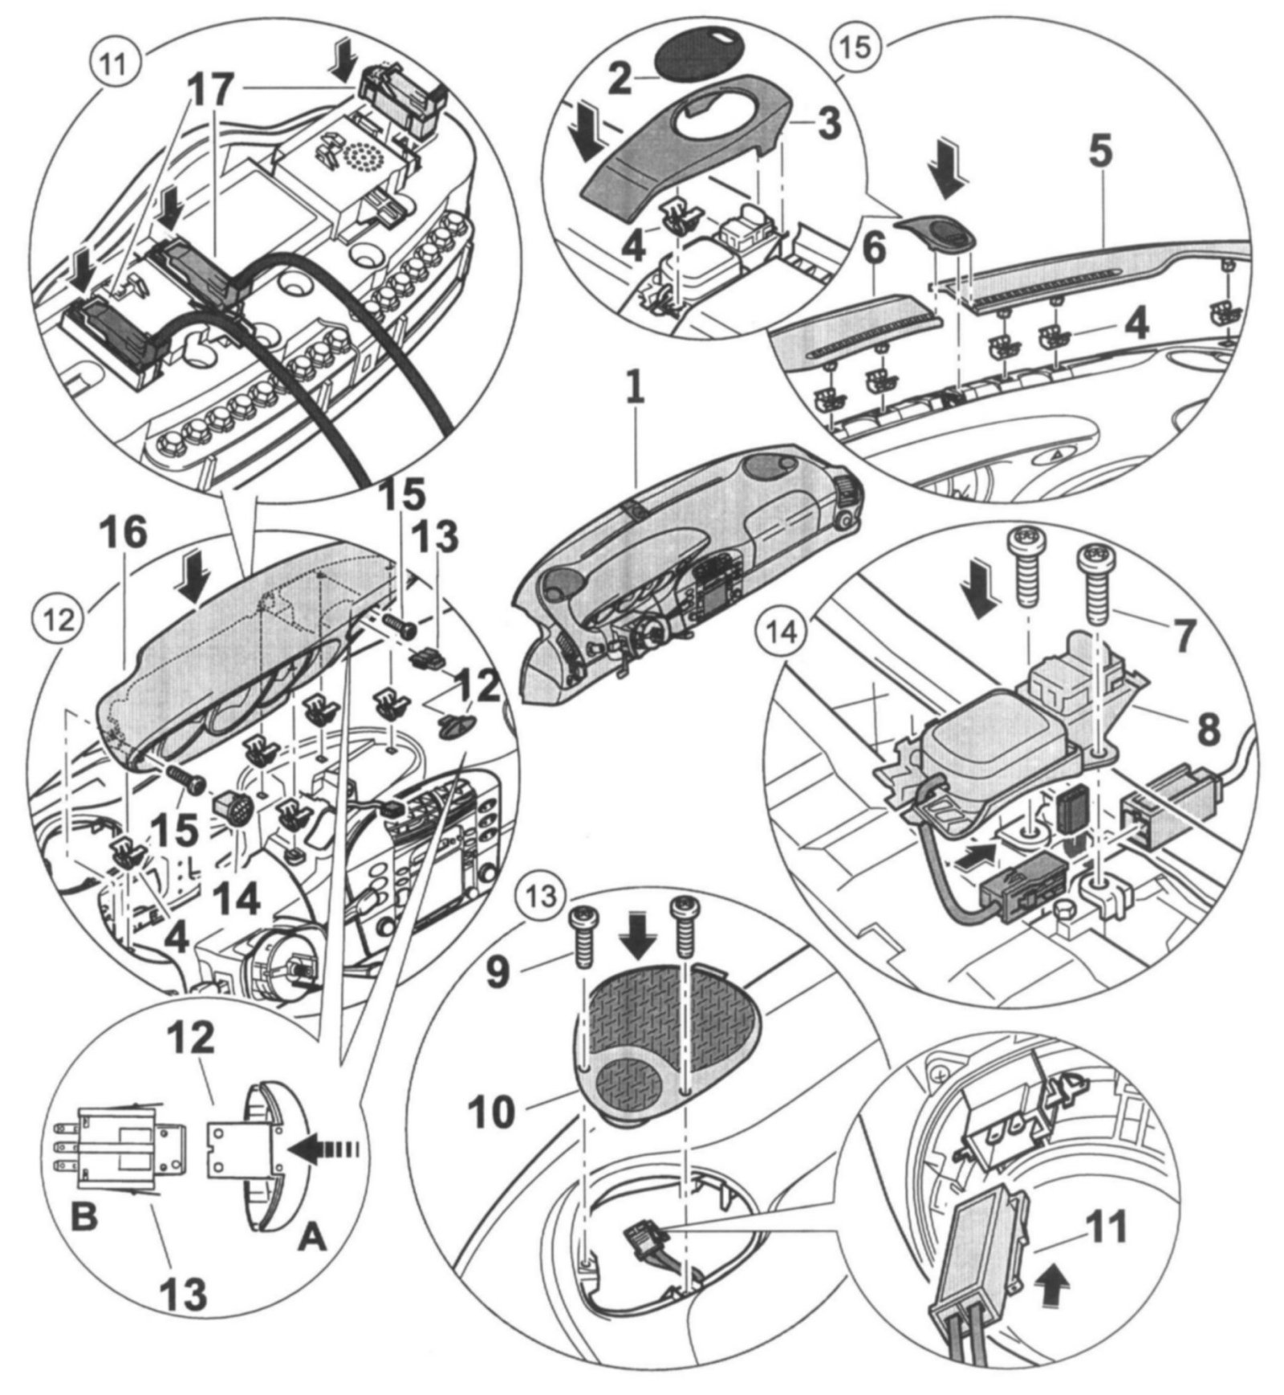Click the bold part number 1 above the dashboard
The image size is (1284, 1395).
click(635, 392)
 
